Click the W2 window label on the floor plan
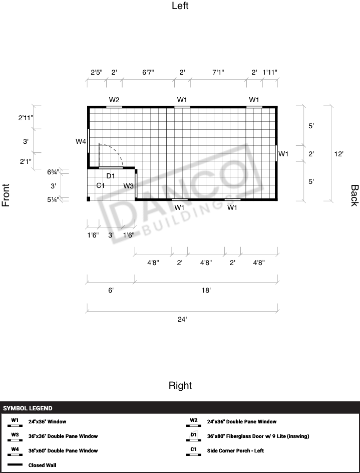tap(114, 100)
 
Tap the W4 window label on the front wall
tap(81, 141)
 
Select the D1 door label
tap(111, 176)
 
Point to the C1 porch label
tap(101, 185)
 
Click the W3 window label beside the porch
tap(129, 186)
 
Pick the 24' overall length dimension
tap(182, 319)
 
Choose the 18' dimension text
tap(206, 290)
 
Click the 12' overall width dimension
tap(338, 154)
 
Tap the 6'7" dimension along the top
tap(148, 72)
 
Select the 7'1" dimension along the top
tap(218, 72)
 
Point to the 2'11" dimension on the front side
tap(26, 118)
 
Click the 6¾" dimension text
tap(54, 172)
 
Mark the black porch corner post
tap(89, 199)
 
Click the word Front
tap(6, 195)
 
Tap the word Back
tap(354, 195)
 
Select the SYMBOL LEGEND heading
tap(28, 408)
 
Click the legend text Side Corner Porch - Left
tap(235, 450)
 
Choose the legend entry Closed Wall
tap(42, 465)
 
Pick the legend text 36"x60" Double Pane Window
tap(63, 450)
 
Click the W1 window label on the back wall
tap(283, 154)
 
